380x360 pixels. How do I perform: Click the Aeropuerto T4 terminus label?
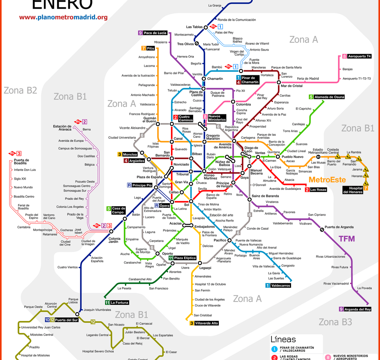pyautogui.click(x=359, y=56)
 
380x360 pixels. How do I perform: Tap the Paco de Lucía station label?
pyautogui.click(x=155, y=33)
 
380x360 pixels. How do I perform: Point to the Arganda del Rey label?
pyautogui.click(x=357, y=309)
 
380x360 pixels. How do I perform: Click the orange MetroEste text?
pyautogui.click(x=327, y=180)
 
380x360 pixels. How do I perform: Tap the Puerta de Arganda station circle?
pyautogui.click(x=322, y=230)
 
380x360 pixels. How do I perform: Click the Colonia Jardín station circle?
pyautogui.click(x=111, y=231)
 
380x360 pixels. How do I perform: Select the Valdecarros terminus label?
pyautogui.click(x=280, y=285)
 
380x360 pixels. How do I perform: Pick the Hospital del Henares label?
pyautogui.click(x=353, y=190)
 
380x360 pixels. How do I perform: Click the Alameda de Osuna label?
pyautogui.click(x=329, y=97)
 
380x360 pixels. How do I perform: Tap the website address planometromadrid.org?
pyautogui.click(x=63, y=17)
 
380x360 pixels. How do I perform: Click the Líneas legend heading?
pyautogui.click(x=283, y=340)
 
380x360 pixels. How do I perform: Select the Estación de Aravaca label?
pyautogui.click(x=62, y=128)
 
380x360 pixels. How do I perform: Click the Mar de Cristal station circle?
pyautogui.click(x=279, y=82)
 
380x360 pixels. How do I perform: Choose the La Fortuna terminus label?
pyautogui.click(x=119, y=303)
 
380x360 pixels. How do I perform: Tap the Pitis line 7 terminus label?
pyautogui.click(x=151, y=48)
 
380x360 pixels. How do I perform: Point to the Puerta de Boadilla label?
pyautogui.click(x=21, y=162)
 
